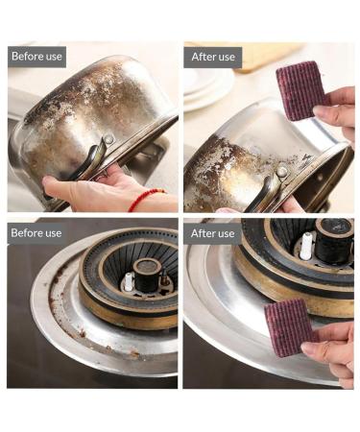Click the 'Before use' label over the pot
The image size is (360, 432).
click(37, 57)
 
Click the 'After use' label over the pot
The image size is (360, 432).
click(212, 57)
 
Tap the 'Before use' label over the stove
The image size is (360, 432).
click(37, 233)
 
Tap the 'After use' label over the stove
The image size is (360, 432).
click(212, 233)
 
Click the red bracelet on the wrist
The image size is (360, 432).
click(146, 199)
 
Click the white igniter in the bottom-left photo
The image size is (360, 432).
click(129, 282)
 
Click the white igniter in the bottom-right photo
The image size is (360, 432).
click(306, 246)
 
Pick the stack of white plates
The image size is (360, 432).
click(206, 86)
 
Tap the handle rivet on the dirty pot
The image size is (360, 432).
click(109, 140)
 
